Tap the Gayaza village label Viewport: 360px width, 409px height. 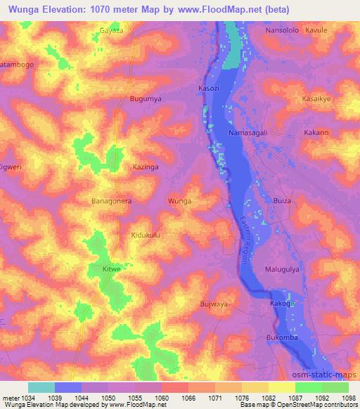click(x=111, y=31)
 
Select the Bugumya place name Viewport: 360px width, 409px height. click(x=146, y=99)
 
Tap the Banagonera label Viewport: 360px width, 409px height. click(x=112, y=201)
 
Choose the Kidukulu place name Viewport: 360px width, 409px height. click(x=146, y=235)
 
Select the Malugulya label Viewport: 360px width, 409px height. click(x=283, y=269)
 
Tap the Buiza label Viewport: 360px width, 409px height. click(x=282, y=201)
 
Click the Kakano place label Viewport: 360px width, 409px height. click(x=316, y=133)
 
